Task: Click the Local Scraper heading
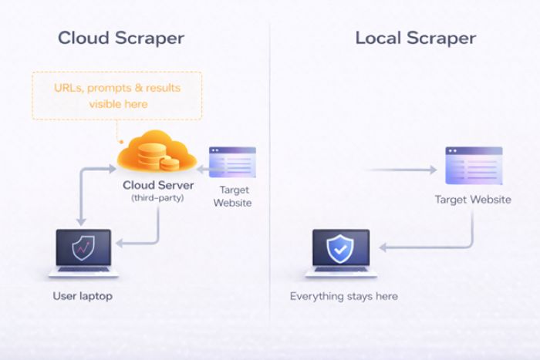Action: (x=415, y=38)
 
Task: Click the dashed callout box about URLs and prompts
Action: (x=117, y=96)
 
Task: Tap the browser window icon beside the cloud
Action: (x=232, y=163)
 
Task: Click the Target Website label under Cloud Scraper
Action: (x=235, y=196)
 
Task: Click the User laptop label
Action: (x=83, y=296)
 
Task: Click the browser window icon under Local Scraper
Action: (x=474, y=166)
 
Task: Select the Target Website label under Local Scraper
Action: (x=473, y=200)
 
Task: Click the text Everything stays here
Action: (x=344, y=296)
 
